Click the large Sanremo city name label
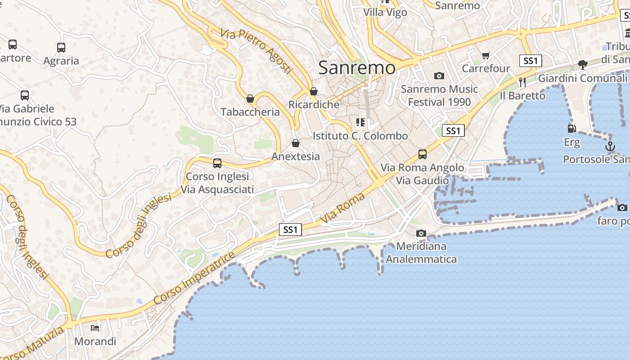[357, 68]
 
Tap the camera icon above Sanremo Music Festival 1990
[439, 76]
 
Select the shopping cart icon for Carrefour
[486, 55]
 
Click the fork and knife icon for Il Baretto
[522, 82]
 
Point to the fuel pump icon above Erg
[571, 129]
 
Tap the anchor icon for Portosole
[610, 146]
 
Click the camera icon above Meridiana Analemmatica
[421, 233]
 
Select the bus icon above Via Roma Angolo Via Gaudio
[423, 154]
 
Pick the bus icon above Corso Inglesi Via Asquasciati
[217, 163]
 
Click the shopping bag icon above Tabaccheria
[250, 99]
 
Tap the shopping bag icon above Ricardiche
[314, 91]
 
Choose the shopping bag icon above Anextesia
[296, 143]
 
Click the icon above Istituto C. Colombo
[360, 122]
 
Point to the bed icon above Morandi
[95, 328]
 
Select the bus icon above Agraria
[61, 47]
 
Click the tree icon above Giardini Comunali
[582, 65]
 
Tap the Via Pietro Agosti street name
[256, 51]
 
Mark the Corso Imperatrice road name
[194, 278]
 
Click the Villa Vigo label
[385, 12]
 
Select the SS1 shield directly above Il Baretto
[530, 61]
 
